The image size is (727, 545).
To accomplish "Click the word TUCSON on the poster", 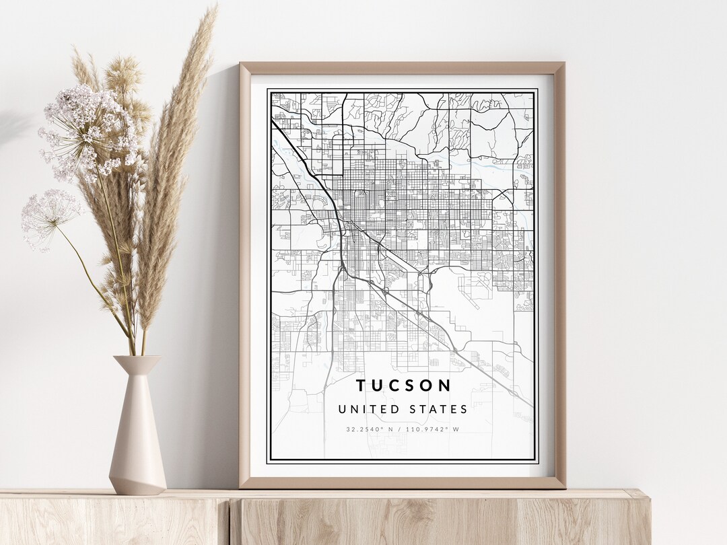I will point(404,386).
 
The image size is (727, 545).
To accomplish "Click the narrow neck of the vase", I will point(137,377).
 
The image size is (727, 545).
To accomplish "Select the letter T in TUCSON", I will point(361,386).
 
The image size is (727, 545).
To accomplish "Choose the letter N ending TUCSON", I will point(446,386).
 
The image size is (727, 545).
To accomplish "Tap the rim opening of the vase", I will point(137,358).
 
